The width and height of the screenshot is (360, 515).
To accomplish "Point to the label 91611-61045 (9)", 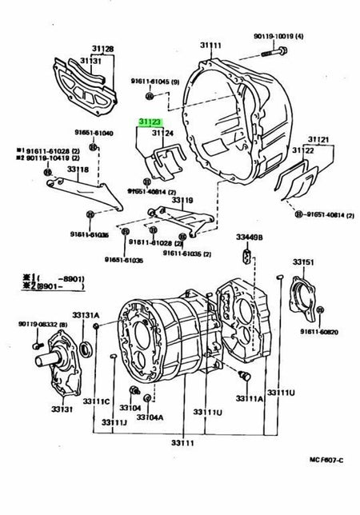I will pyautogui.click(x=156, y=80).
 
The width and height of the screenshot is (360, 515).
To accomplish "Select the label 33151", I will pyautogui.click(x=302, y=261).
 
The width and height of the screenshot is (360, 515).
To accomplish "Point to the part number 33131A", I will pyautogui.click(x=86, y=314).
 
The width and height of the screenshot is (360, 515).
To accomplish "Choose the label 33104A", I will pyautogui.click(x=150, y=417).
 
